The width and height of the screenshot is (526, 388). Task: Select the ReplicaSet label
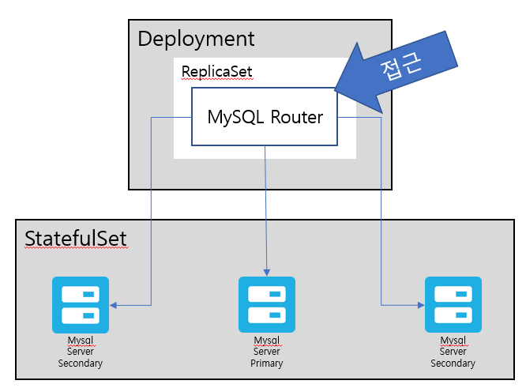click(216, 71)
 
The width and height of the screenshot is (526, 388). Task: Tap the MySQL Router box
click(265, 117)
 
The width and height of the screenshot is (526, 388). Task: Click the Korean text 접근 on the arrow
click(401, 66)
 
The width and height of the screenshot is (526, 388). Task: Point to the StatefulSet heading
click(76, 239)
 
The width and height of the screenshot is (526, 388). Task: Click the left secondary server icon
click(81, 305)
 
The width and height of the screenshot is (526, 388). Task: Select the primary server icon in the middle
click(267, 305)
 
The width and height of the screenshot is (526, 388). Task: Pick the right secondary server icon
click(453, 305)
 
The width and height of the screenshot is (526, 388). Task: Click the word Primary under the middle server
click(267, 364)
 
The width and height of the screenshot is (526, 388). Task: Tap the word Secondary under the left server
click(81, 364)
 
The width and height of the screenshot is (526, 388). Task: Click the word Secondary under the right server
click(453, 364)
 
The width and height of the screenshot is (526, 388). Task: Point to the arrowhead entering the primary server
click(267, 272)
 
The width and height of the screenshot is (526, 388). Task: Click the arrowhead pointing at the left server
click(114, 305)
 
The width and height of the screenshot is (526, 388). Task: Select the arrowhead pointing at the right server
click(421, 305)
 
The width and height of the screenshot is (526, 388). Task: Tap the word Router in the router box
click(296, 117)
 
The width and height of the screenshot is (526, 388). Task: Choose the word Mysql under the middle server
click(267, 341)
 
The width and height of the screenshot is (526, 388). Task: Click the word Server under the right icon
click(453, 352)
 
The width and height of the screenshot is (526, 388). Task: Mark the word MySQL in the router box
click(235, 118)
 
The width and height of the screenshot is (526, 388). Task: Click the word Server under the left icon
click(81, 352)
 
